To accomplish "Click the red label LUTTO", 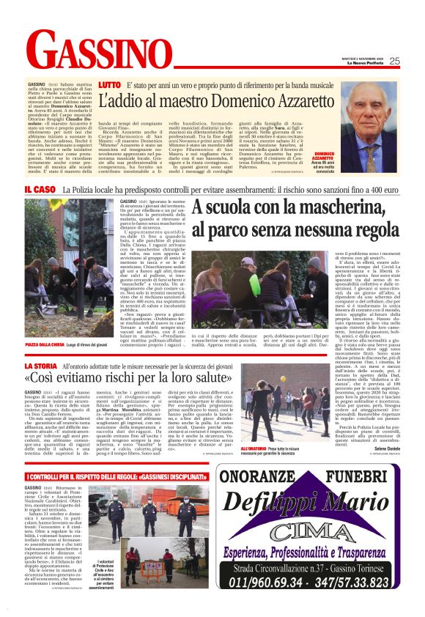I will tap(109, 86).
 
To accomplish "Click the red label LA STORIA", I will tap(43, 365).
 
